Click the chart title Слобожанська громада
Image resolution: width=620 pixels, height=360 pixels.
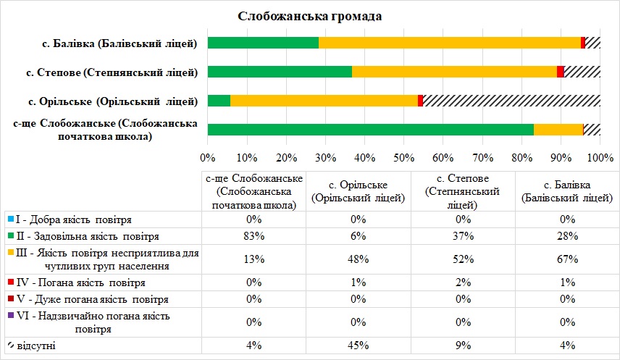309,17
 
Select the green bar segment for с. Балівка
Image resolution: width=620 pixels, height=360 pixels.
263,43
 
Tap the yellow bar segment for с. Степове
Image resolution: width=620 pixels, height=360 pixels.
454,72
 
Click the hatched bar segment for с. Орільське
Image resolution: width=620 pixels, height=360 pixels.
511,101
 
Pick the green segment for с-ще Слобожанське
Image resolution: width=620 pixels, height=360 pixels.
370,130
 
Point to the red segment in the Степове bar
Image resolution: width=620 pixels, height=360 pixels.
560,72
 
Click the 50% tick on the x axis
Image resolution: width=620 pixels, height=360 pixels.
403,157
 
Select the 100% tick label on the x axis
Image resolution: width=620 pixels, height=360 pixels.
600,157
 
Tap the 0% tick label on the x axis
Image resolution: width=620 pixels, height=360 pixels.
208,157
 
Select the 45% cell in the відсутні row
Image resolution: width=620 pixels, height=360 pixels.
359,346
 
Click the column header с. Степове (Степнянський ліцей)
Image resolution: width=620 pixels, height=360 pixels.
463,191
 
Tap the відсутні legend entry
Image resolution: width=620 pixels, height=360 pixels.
36,346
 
